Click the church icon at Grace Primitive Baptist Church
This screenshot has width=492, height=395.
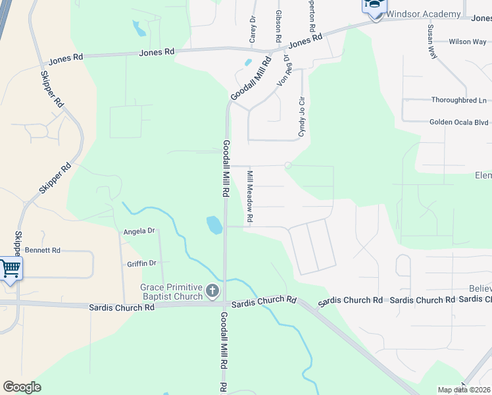tap(212, 290)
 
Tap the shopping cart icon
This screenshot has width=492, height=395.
tap(11, 269)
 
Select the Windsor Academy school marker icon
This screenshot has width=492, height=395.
tap(374, 6)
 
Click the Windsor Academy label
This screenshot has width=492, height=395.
tap(423, 14)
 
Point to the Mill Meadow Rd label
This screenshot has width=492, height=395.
tap(250, 196)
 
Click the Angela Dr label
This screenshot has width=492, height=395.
tap(139, 231)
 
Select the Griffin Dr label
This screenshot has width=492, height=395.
tap(143, 263)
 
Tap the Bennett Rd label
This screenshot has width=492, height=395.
tap(43, 250)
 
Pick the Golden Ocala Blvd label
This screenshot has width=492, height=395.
tap(459, 122)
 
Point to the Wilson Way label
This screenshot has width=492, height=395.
tap(468, 41)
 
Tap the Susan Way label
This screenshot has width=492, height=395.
tap(431, 42)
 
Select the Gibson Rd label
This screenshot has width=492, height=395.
tap(279, 22)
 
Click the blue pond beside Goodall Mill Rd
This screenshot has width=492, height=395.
tap(214, 225)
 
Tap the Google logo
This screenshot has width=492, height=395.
tap(22, 387)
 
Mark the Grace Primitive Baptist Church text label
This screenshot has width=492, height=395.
tap(171, 292)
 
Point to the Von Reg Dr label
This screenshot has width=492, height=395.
tap(285, 72)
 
